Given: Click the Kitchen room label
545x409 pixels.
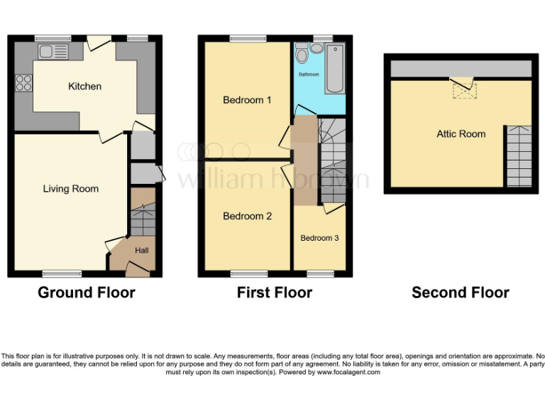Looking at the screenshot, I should point(84,87).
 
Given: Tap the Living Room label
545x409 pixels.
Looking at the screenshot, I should point(70,189).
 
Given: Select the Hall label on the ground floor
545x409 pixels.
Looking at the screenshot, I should point(142,251).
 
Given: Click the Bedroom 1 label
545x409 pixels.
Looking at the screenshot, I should point(247,100).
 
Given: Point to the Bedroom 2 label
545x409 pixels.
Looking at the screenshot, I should point(247,217).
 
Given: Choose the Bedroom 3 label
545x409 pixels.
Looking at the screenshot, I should point(319,238).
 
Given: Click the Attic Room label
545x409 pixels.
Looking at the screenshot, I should point(461,133).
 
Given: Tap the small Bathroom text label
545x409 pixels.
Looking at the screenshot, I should point(309,75).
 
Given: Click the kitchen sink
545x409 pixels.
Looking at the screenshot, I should point(54,51).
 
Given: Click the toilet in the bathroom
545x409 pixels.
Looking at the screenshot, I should point(302,54).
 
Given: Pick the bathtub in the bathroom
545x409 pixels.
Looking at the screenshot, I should point(334,69).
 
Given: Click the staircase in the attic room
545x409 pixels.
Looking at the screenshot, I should point(519,156).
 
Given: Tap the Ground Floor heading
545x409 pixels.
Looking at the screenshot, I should point(86,293).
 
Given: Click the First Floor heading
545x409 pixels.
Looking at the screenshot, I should point(275,293).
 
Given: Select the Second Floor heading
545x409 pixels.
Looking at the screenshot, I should point(460,293).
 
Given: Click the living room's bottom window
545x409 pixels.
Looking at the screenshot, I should point(61,273).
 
